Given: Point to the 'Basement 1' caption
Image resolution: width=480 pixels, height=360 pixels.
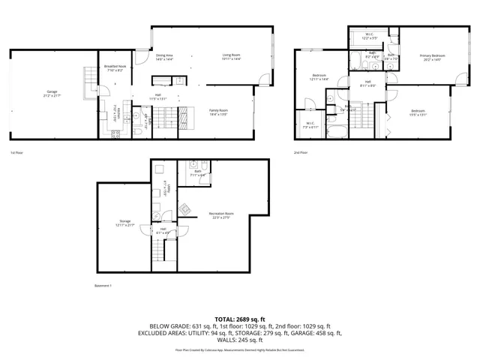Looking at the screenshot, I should pos(103,286).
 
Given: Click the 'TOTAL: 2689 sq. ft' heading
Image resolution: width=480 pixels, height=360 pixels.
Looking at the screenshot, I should pos(239,319).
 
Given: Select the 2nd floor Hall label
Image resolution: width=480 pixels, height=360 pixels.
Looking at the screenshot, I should pos(368,83).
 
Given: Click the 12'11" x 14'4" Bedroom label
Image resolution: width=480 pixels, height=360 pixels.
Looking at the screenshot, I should pos(320,77).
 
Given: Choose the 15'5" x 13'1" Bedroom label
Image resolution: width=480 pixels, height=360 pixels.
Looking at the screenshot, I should pos(418,113).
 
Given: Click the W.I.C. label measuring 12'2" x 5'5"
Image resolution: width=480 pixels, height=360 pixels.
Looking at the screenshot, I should pos(370,35).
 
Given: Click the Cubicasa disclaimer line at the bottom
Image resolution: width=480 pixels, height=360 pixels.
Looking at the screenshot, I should pos(239,349).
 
